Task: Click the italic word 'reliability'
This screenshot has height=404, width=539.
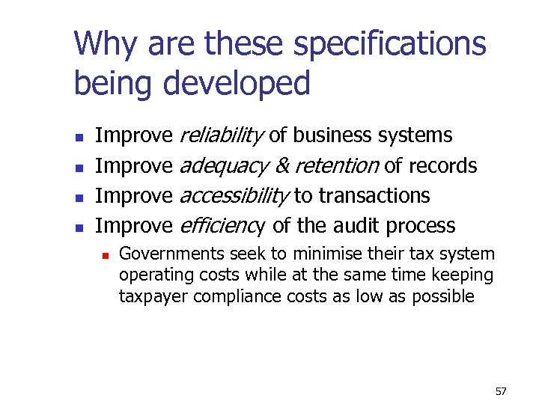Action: pos(222,135)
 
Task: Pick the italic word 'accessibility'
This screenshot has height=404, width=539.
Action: pos(234,195)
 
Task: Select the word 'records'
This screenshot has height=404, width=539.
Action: pos(442,165)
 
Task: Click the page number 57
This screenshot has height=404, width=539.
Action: pos(501,391)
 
